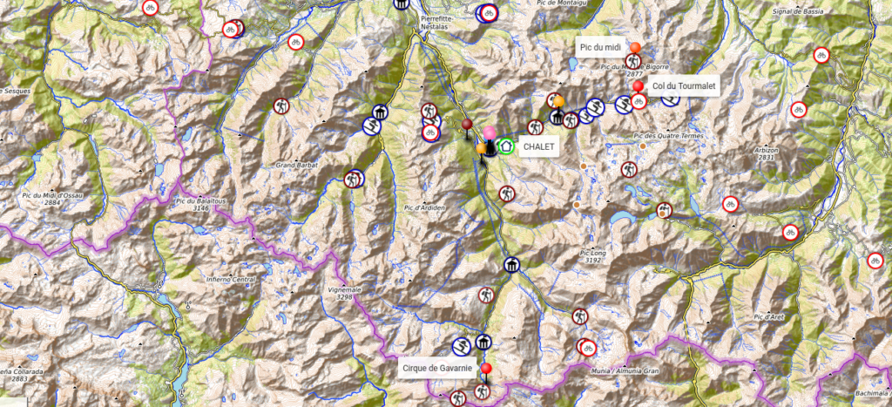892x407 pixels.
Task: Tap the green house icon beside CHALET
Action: click(x=505, y=146)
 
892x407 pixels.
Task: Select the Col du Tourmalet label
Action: click(x=679, y=85)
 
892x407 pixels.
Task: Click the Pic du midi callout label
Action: click(x=599, y=46)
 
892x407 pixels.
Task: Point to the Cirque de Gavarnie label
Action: click(x=437, y=369)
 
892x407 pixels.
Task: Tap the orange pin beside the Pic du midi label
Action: click(x=635, y=49)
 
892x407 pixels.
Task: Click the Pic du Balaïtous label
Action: click(x=193, y=205)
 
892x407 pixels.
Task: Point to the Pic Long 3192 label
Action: click(x=591, y=256)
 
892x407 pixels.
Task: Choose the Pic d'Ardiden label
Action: click(x=425, y=207)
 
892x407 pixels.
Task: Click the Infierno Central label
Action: click(x=230, y=280)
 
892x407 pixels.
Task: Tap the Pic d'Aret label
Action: click(x=772, y=315)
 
